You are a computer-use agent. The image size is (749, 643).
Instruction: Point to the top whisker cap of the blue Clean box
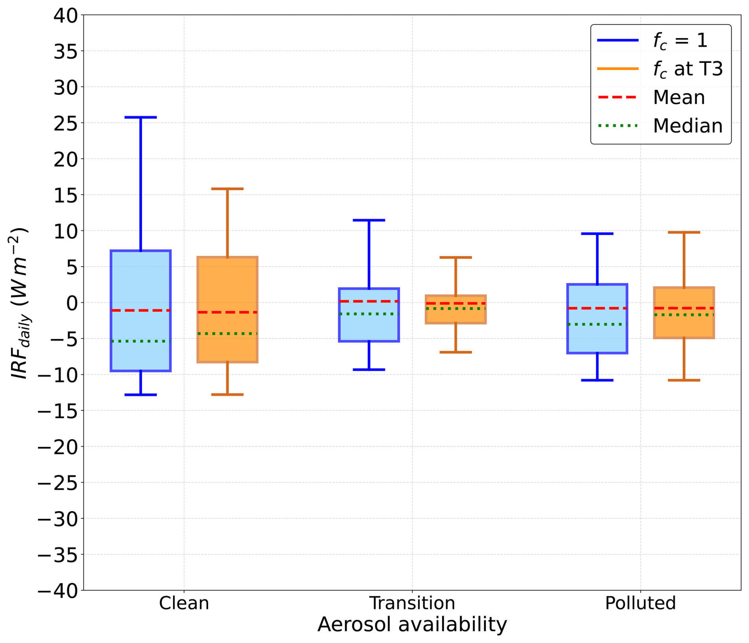tap(141, 118)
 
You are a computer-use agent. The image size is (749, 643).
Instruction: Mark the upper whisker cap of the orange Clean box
tap(228, 189)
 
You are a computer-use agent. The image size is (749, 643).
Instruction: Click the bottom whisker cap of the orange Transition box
tap(456, 352)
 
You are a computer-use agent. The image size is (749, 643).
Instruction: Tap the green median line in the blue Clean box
tap(141, 341)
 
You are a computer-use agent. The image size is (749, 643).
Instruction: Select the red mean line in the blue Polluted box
tap(597, 308)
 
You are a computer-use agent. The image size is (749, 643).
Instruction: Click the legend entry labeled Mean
tap(651, 97)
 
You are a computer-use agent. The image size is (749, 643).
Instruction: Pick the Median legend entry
tap(660, 126)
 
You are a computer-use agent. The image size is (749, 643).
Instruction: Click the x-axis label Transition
tap(412, 603)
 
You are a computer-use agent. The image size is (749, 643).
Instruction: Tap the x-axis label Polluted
tap(641, 603)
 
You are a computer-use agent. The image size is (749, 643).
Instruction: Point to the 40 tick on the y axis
tap(66, 15)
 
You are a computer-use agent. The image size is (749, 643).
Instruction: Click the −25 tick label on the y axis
tap(58, 482)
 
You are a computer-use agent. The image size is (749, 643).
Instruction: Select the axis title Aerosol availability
tap(412, 625)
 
